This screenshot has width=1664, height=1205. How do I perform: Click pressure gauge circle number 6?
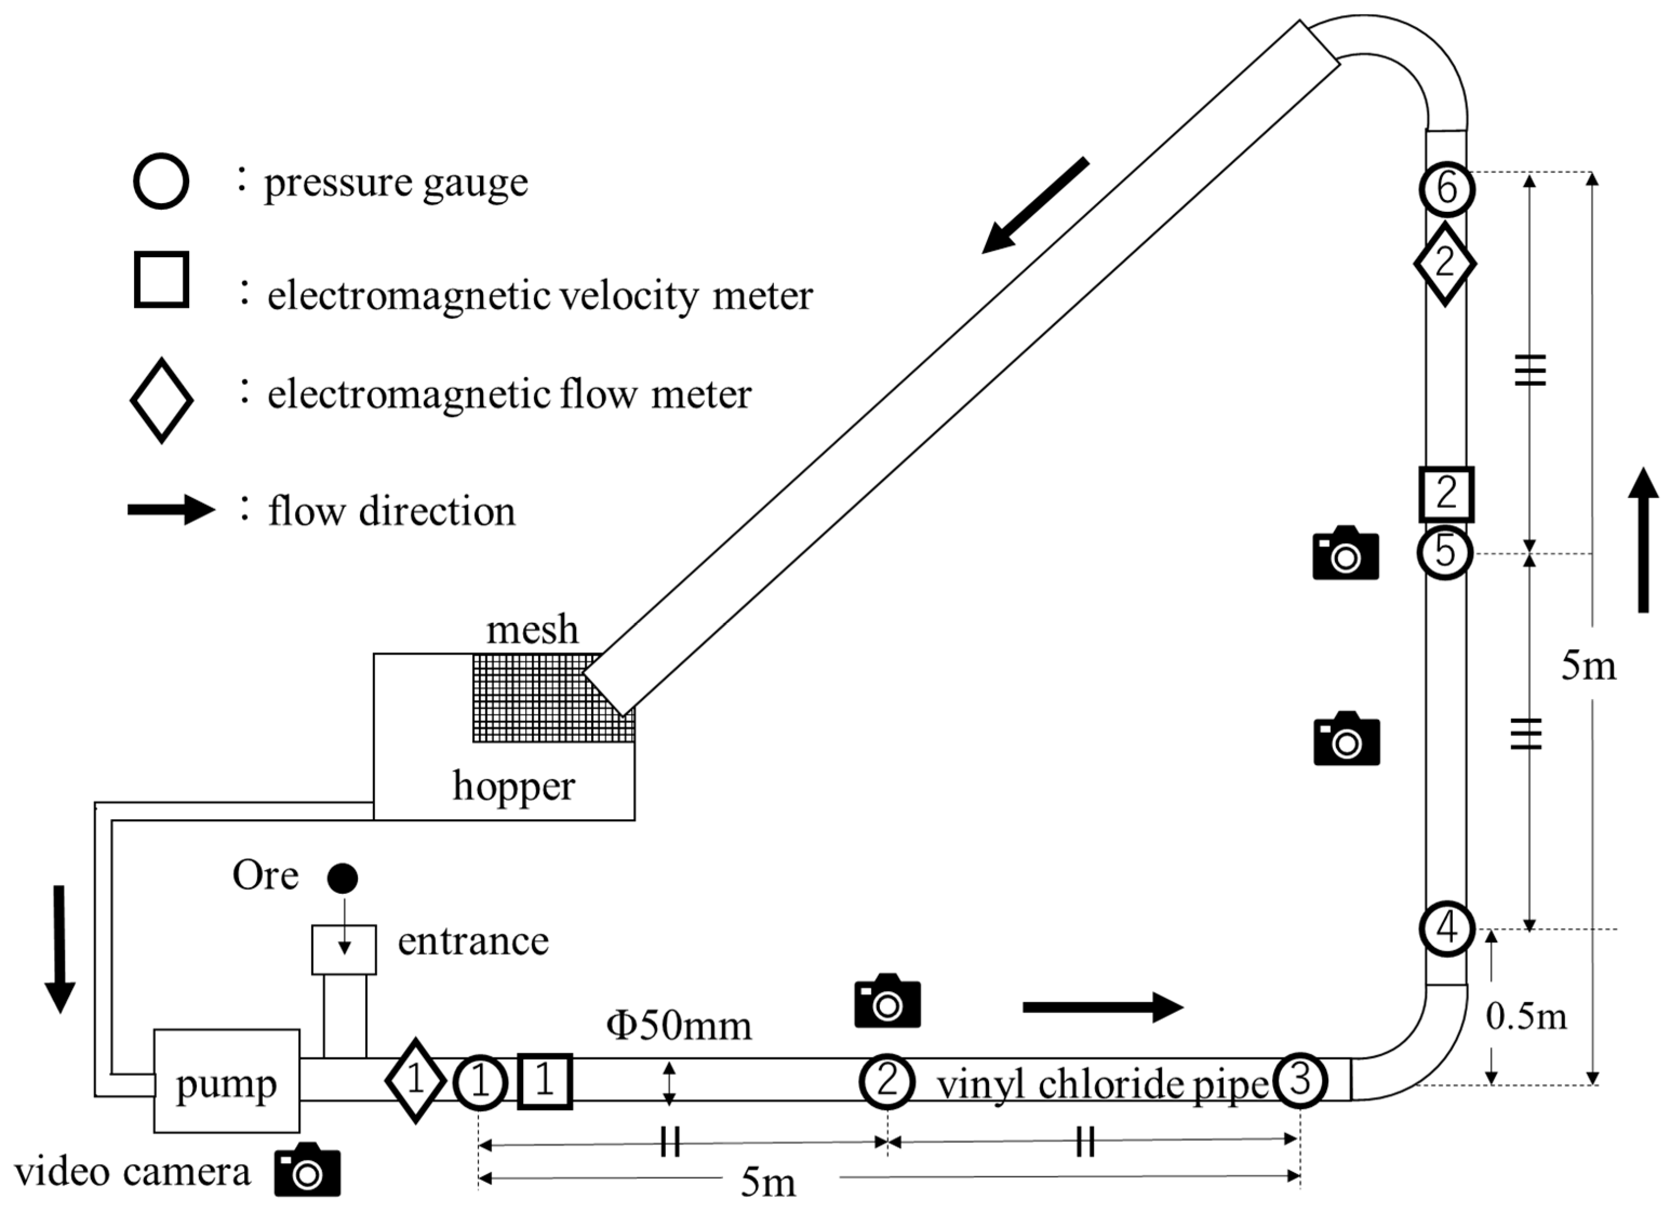1446,189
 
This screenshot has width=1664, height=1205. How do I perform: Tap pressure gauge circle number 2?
887,1080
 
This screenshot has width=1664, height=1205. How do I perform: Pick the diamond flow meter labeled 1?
415,1080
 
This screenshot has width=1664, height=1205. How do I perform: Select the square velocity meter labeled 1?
544,1080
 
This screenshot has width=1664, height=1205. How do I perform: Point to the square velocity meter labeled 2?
1445,493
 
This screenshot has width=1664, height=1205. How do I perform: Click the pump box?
226,1080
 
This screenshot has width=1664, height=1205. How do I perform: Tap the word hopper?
513,786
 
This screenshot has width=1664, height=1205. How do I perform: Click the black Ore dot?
342,877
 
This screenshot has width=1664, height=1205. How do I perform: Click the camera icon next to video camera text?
308,1170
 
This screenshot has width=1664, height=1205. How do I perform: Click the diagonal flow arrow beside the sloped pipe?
1034,206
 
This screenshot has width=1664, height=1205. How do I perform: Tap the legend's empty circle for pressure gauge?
161,181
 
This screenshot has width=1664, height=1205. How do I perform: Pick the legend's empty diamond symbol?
161,400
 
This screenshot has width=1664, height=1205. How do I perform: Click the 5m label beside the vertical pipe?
1588,666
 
